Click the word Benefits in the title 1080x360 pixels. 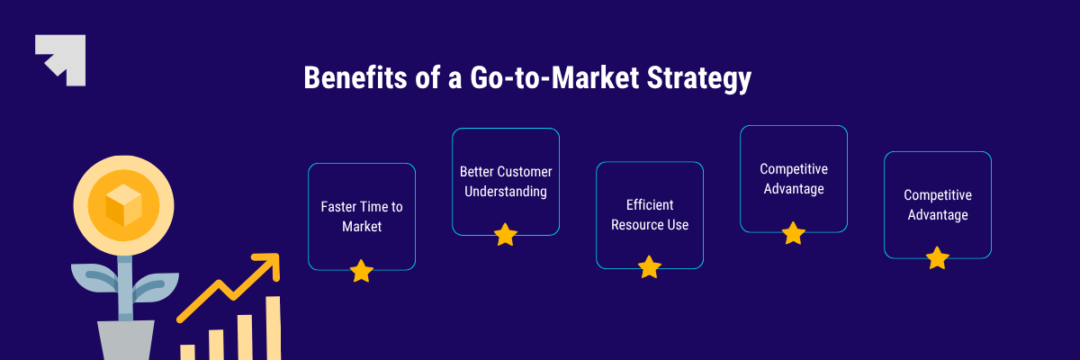coord(355,77)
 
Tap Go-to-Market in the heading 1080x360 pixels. coord(554,77)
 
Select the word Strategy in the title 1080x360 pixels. coord(699,78)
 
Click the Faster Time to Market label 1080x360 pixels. coord(362,216)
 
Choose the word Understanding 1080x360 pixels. coord(506,192)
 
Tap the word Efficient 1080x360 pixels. coord(650,205)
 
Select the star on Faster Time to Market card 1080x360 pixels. coord(362,271)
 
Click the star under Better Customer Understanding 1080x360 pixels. coord(506,235)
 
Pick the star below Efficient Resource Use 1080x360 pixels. coord(650,267)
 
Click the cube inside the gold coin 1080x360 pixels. coord(123,206)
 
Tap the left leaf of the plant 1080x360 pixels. coord(94,279)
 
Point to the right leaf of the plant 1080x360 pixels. coord(155,287)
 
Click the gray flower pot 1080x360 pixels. coord(126,340)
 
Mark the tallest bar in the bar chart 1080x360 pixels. coord(274,328)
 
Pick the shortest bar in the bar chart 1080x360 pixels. coord(187,352)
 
